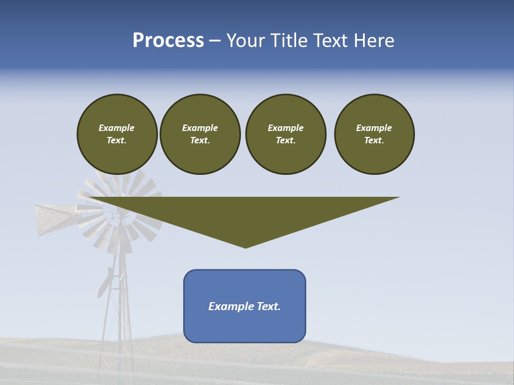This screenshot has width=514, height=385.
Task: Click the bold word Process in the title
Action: coord(168,41)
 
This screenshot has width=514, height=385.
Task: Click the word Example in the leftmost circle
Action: coord(117,128)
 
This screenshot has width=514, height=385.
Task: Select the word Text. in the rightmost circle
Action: coord(374,141)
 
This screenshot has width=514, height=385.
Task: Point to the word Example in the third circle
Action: coord(285,128)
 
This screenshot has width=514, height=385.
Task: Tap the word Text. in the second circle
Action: coord(200,141)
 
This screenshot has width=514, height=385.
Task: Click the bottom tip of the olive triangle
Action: coord(245,247)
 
